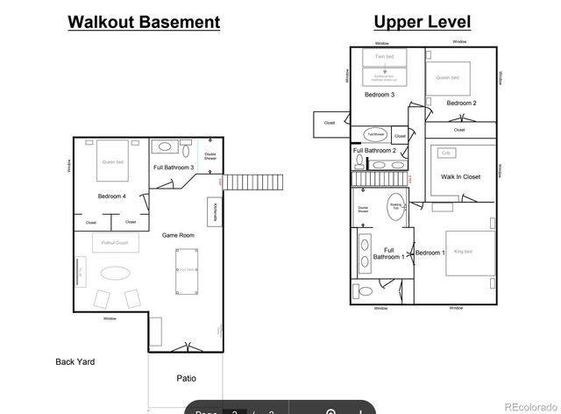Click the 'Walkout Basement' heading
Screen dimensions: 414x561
pyautogui.click(x=144, y=22)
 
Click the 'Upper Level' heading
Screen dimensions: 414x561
pyautogui.click(x=421, y=22)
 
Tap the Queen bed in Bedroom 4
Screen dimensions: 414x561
pyautogui.click(x=113, y=161)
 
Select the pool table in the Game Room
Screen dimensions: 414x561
pyautogui.click(x=186, y=269)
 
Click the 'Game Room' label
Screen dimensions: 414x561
pyautogui.click(x=178, y=235)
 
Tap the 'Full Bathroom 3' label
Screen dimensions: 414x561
pyautogui.click(x=174, y=168)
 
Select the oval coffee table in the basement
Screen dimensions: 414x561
pyautogui.click(x=114, y=273)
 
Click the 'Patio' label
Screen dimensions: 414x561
pyautogui.click(x=186, y=378)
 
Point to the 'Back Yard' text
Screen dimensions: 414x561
pyautogui.click(x=75, y=361)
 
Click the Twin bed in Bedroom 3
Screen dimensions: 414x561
pyautogui.click(x=385, y=58)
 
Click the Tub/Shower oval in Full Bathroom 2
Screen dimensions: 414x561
pyautogui.click(x=376, y=134)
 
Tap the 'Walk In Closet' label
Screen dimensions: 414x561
pyautogui.click(x=460, y=177)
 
